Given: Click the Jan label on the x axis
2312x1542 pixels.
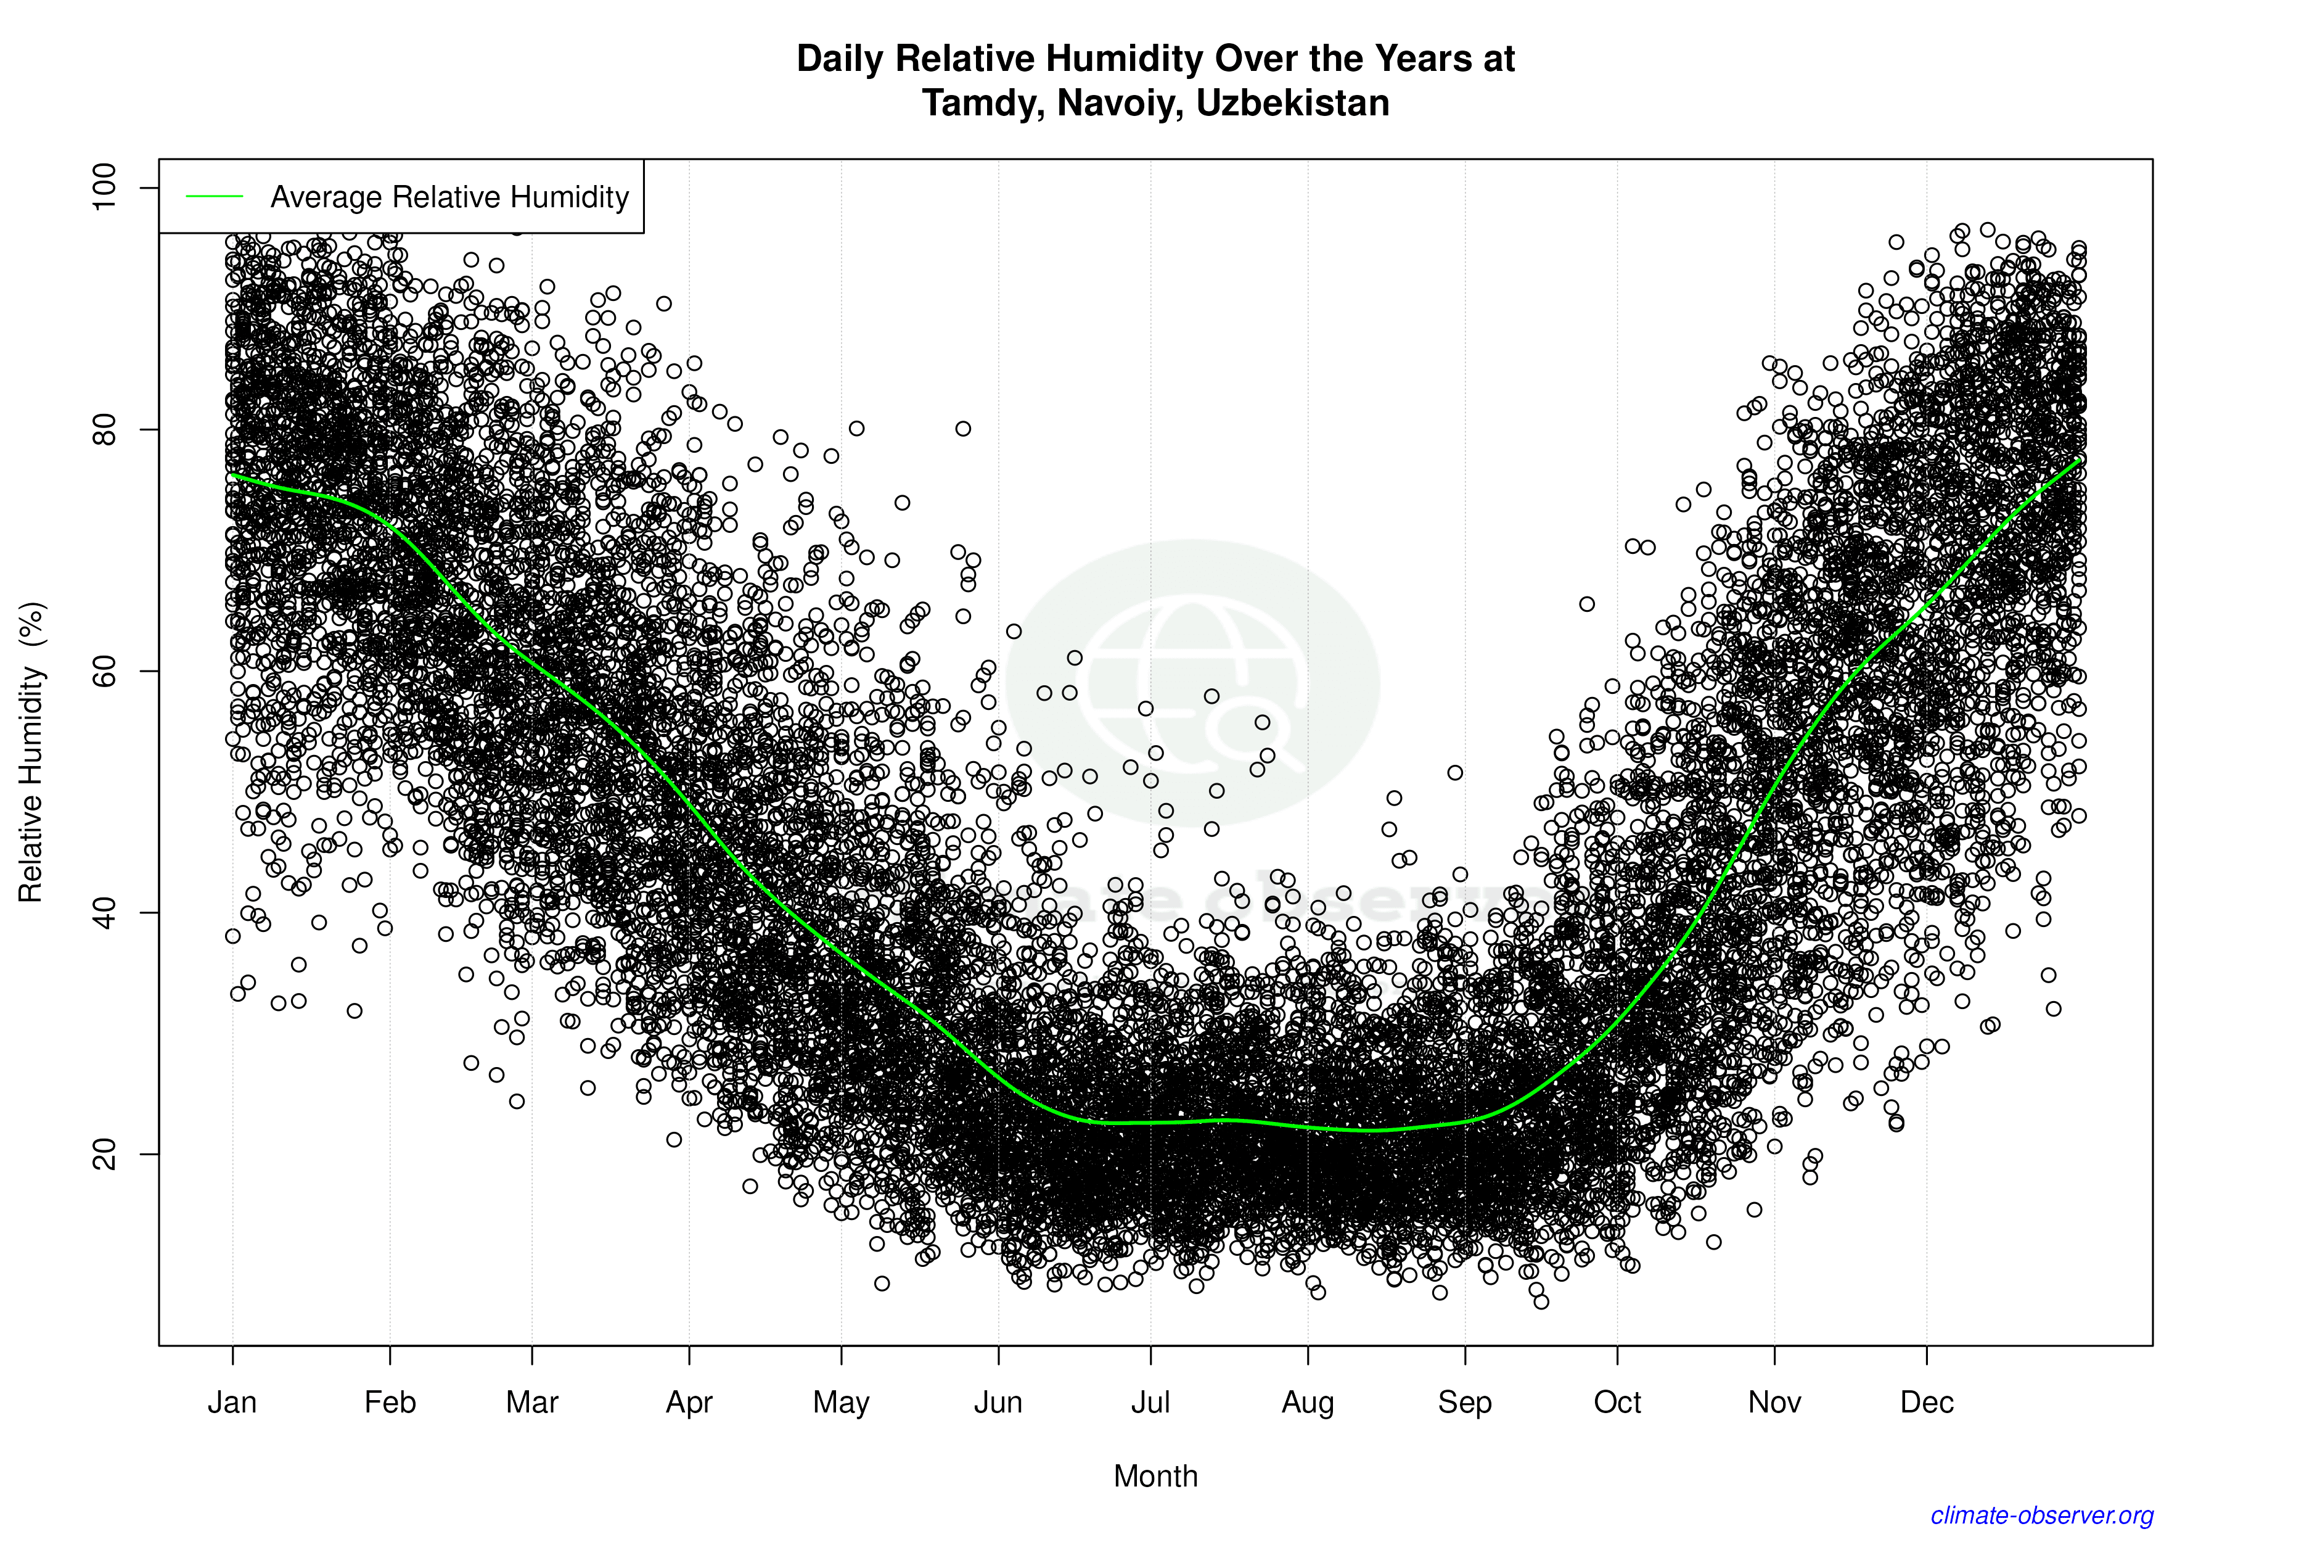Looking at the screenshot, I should pyautogui.click(x=232, y=1403).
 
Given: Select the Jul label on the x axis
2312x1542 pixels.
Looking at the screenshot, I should pyautogui.click(x=1150, y=1403).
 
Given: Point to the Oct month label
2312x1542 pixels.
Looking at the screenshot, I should pyautogui.click(x=1617, y=1403).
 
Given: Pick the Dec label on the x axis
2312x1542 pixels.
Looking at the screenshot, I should pyautogui.click(x=1927, y=1403).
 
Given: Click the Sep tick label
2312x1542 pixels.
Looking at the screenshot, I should pyautogui.click(x=1465, y=1403).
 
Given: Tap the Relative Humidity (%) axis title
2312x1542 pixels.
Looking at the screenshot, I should pyautogui.click(x=31, y=752).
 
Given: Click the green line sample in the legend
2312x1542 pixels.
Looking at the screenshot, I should pyautogui.click(x=215, y=197).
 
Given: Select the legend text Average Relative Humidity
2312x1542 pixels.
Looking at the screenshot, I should pyautogui.click(x=449, y=197).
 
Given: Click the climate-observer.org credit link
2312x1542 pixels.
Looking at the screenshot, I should pyautogui.click(x=2042, y=1515).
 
